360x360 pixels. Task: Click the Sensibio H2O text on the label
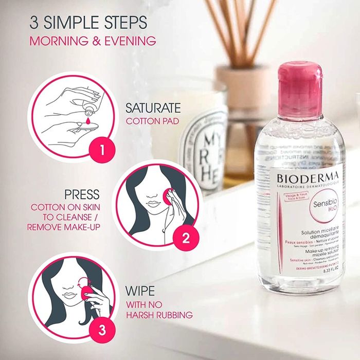(x=320, y=206)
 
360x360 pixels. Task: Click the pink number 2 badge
(x=186, y=237)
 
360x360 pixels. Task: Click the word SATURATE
(x=153, y=109)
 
